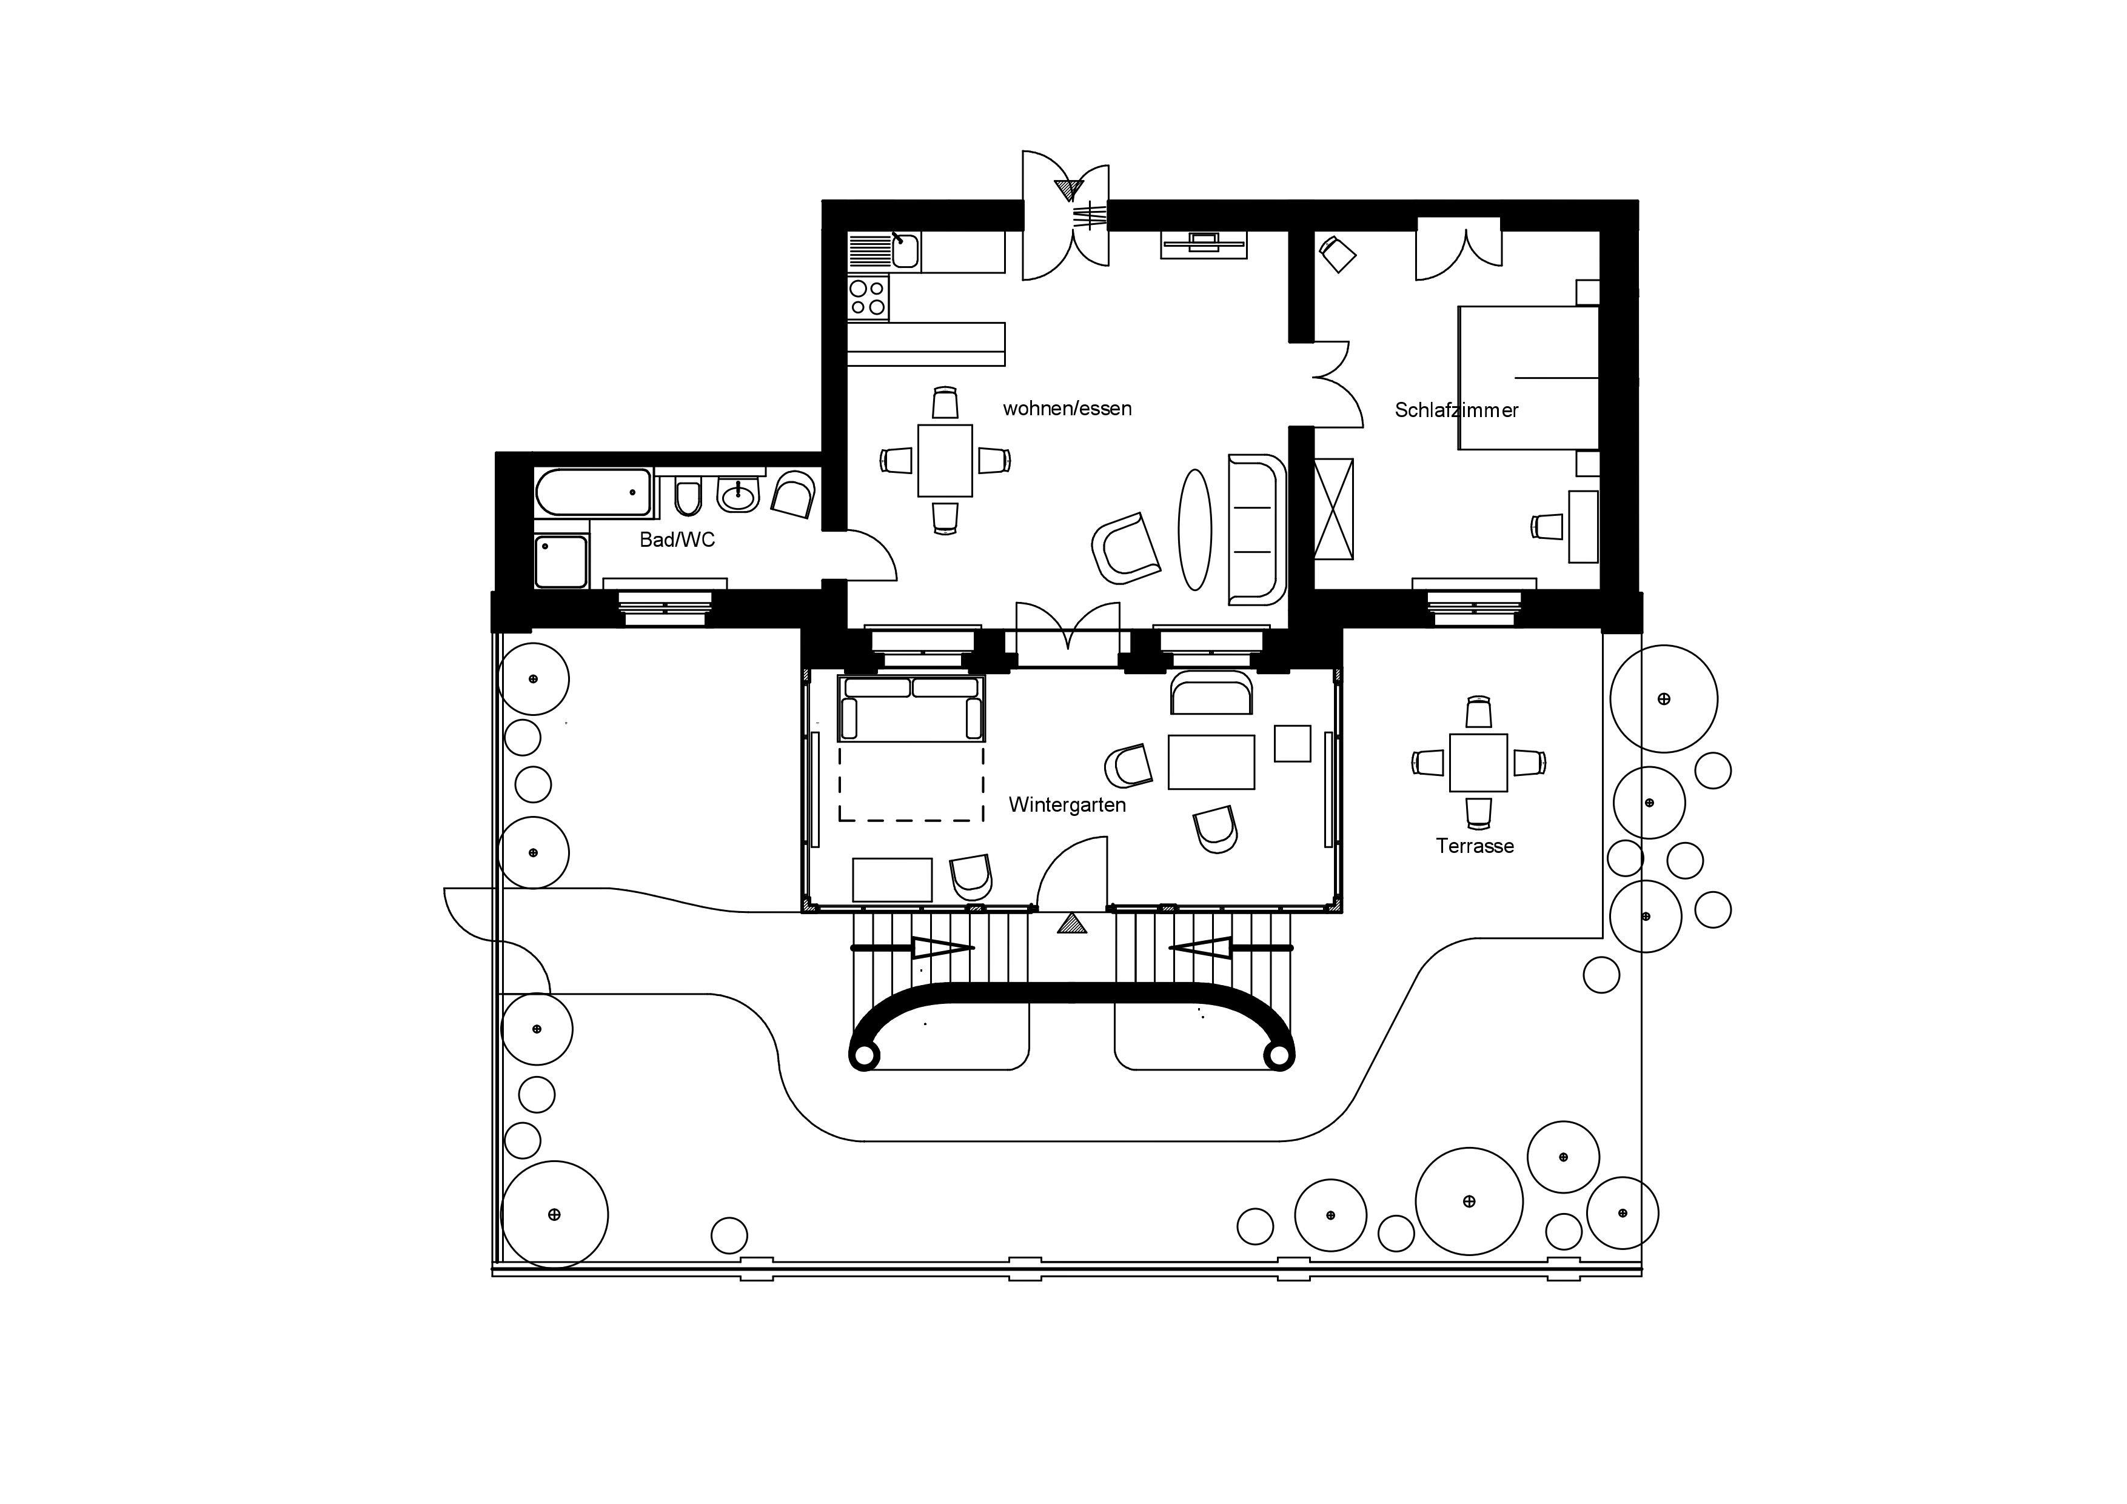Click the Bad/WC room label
point(677,540)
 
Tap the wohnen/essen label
point(1067,409)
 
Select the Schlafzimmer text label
point(1456,410)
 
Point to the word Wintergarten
point(1067,805)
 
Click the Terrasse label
point(1475,846)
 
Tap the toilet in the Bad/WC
point(688,497)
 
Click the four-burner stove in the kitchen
point(868,297)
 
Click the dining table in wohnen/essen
point(945,460)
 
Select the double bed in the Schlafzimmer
point(1529,378)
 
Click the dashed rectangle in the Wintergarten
point(911,783)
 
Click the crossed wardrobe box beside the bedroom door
point(1334,509)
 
